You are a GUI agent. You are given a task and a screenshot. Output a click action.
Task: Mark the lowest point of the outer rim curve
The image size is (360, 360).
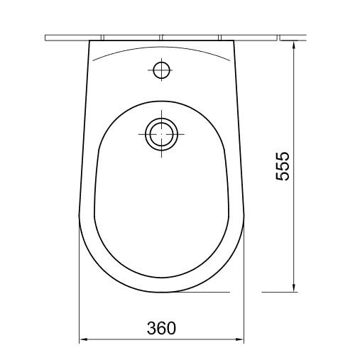161,292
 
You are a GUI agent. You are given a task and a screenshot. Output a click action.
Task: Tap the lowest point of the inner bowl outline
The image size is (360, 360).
161,275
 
